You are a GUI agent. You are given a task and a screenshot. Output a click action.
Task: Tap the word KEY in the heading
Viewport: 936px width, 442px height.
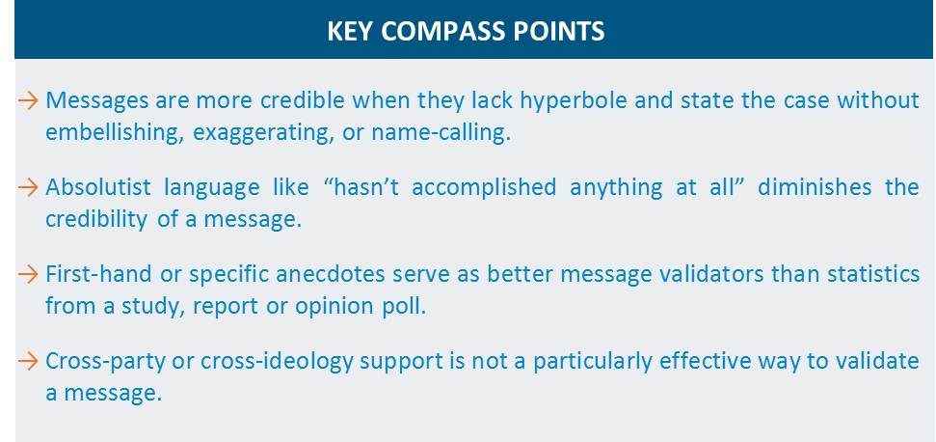(351, 31)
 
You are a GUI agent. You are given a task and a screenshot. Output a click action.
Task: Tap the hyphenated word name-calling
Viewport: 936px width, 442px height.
(441, 133)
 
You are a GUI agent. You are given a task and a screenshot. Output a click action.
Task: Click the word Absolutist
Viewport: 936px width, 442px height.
(98, 187)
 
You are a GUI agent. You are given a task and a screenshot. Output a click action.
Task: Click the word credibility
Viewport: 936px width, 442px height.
(95, 220)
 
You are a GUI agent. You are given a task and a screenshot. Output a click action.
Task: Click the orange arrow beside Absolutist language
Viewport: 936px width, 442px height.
(28, 187)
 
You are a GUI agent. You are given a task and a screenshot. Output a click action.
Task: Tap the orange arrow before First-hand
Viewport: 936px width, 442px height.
(28, 275)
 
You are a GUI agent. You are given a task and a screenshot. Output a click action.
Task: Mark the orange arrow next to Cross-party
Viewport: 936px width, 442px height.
(28, 361)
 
